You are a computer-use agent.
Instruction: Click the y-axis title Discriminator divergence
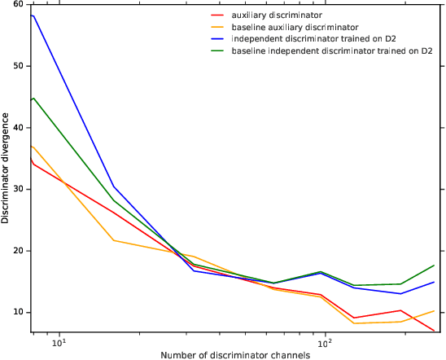click(7, 169)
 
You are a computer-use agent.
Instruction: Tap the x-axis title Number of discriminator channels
click(236, 354)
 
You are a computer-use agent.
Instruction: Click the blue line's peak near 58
click(32, 15)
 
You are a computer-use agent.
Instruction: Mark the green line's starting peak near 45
click(33, 98)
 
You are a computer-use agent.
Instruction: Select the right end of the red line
click(435, 331)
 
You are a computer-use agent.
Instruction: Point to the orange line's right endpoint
click(435, 310)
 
